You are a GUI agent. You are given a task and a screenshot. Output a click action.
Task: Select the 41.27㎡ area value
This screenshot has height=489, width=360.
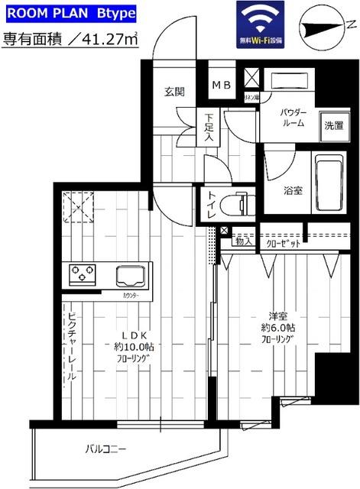click(x=109, y=40)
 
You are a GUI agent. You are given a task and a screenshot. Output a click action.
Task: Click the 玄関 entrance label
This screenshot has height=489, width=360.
click(x=174, y=92)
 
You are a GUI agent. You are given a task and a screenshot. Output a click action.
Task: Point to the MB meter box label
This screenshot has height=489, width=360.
click(x=222, y=84)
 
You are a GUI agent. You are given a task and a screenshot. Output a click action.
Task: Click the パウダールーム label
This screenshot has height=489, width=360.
click(x=294, y=117)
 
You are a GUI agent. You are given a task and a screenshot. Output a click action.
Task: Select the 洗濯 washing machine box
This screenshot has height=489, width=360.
click(x=332, y=125)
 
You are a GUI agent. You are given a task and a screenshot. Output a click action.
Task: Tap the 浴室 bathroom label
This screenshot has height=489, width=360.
click(x=292, y=190)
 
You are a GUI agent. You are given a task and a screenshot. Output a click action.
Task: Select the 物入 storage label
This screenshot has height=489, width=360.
click(x=244, y=241)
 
